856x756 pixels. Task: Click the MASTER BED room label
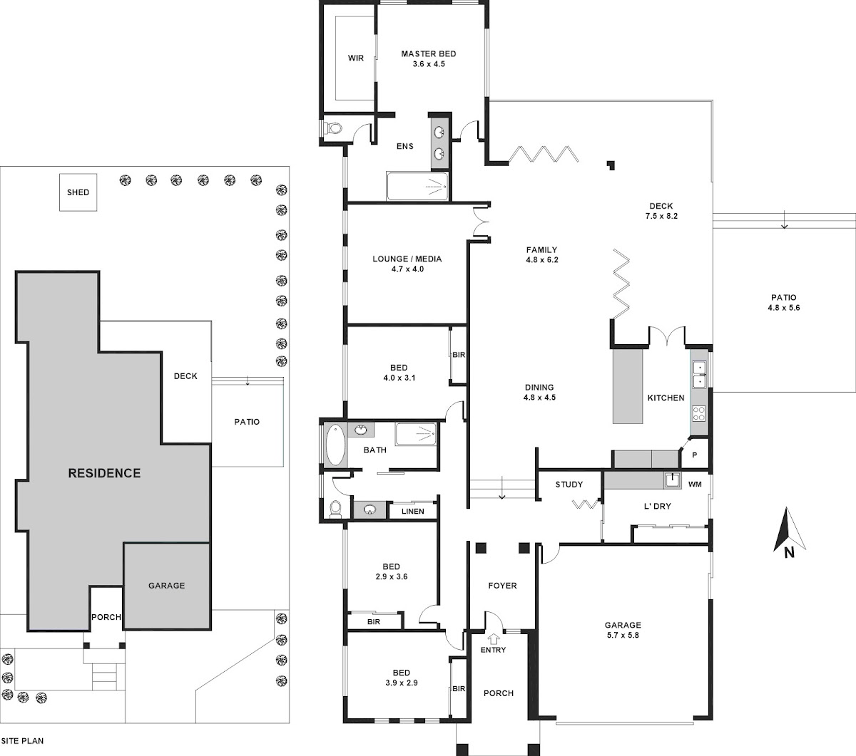point(428,54)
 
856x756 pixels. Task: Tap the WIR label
point(356,58)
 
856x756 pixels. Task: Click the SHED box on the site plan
point(78,192)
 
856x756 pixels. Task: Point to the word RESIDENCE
point(104,473)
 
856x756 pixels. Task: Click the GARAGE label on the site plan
point(166,586)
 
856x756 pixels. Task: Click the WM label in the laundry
point(695,485)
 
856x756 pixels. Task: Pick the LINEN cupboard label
point(412,512)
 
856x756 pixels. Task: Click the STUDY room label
point(569,485)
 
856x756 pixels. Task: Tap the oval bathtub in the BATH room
point(335,445)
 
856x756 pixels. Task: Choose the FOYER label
point(502,586)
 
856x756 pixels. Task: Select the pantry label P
point(695,455)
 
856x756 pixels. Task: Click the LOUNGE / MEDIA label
point(407,259)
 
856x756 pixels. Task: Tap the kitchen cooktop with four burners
point(699,413)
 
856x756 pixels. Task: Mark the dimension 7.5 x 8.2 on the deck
point(661,215)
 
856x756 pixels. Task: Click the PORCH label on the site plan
point(106,617)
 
